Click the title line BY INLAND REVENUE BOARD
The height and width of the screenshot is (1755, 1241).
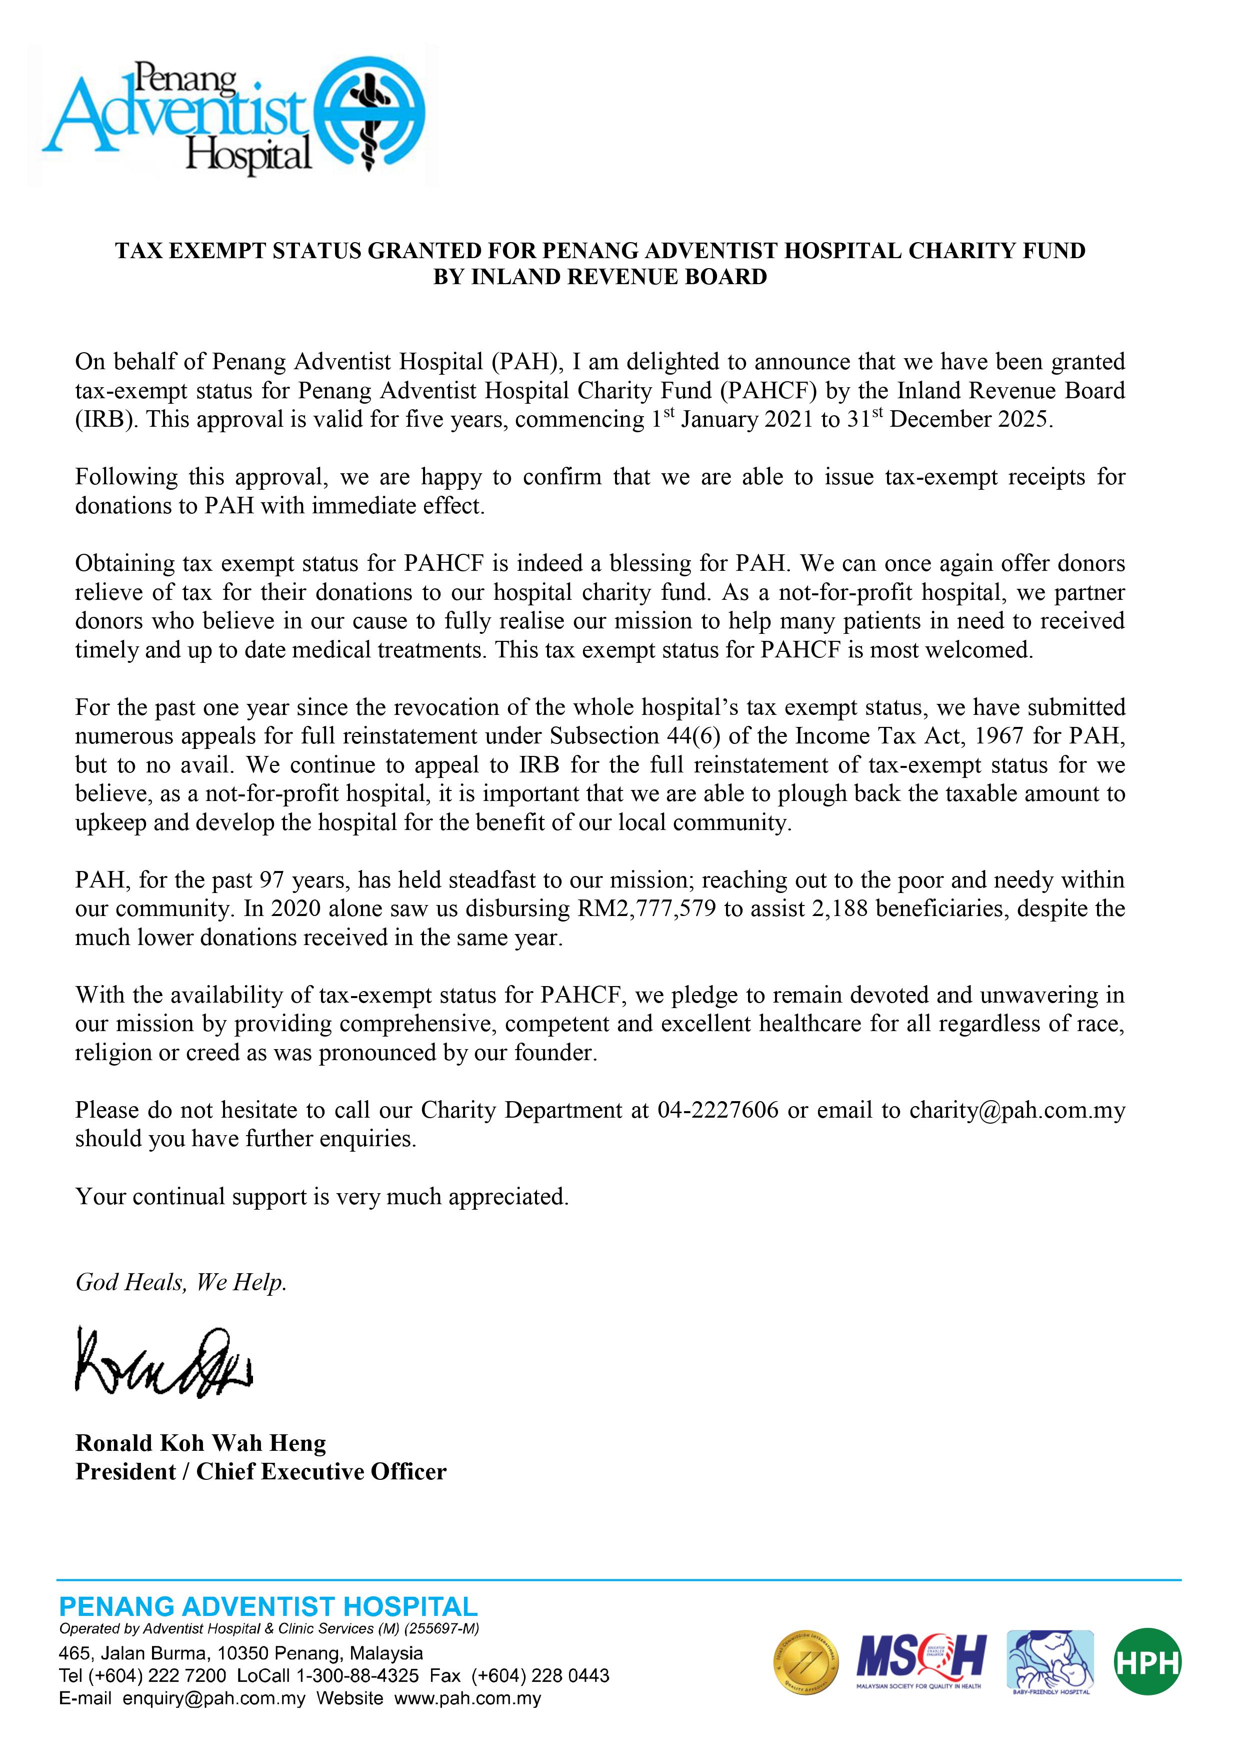(x=600, y=277)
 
